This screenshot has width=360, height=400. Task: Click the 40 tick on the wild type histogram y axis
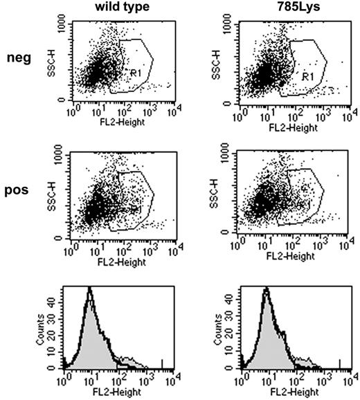(x=57, y=302)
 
